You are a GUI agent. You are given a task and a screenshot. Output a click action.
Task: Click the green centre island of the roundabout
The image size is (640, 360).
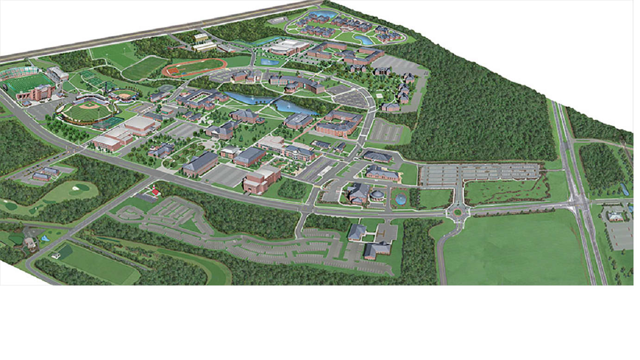457,212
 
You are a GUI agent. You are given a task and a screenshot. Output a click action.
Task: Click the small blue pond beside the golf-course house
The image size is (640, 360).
44,238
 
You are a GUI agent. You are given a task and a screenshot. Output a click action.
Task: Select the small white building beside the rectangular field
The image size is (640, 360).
56,255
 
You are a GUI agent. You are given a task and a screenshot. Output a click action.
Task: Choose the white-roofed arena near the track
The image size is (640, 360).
289,46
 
